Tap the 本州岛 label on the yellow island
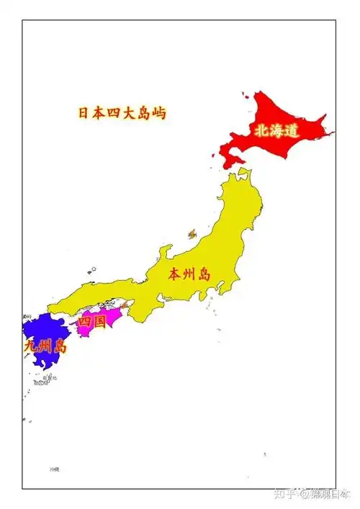189,274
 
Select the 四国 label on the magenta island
91,322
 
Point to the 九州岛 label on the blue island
45,346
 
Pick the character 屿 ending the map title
158,113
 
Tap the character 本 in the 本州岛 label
175,274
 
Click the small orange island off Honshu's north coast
192,234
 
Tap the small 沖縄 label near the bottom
55,469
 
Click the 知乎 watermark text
287,494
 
